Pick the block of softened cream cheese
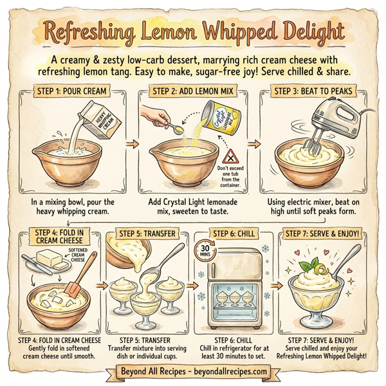pyautogui.click(x=51, y=261)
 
